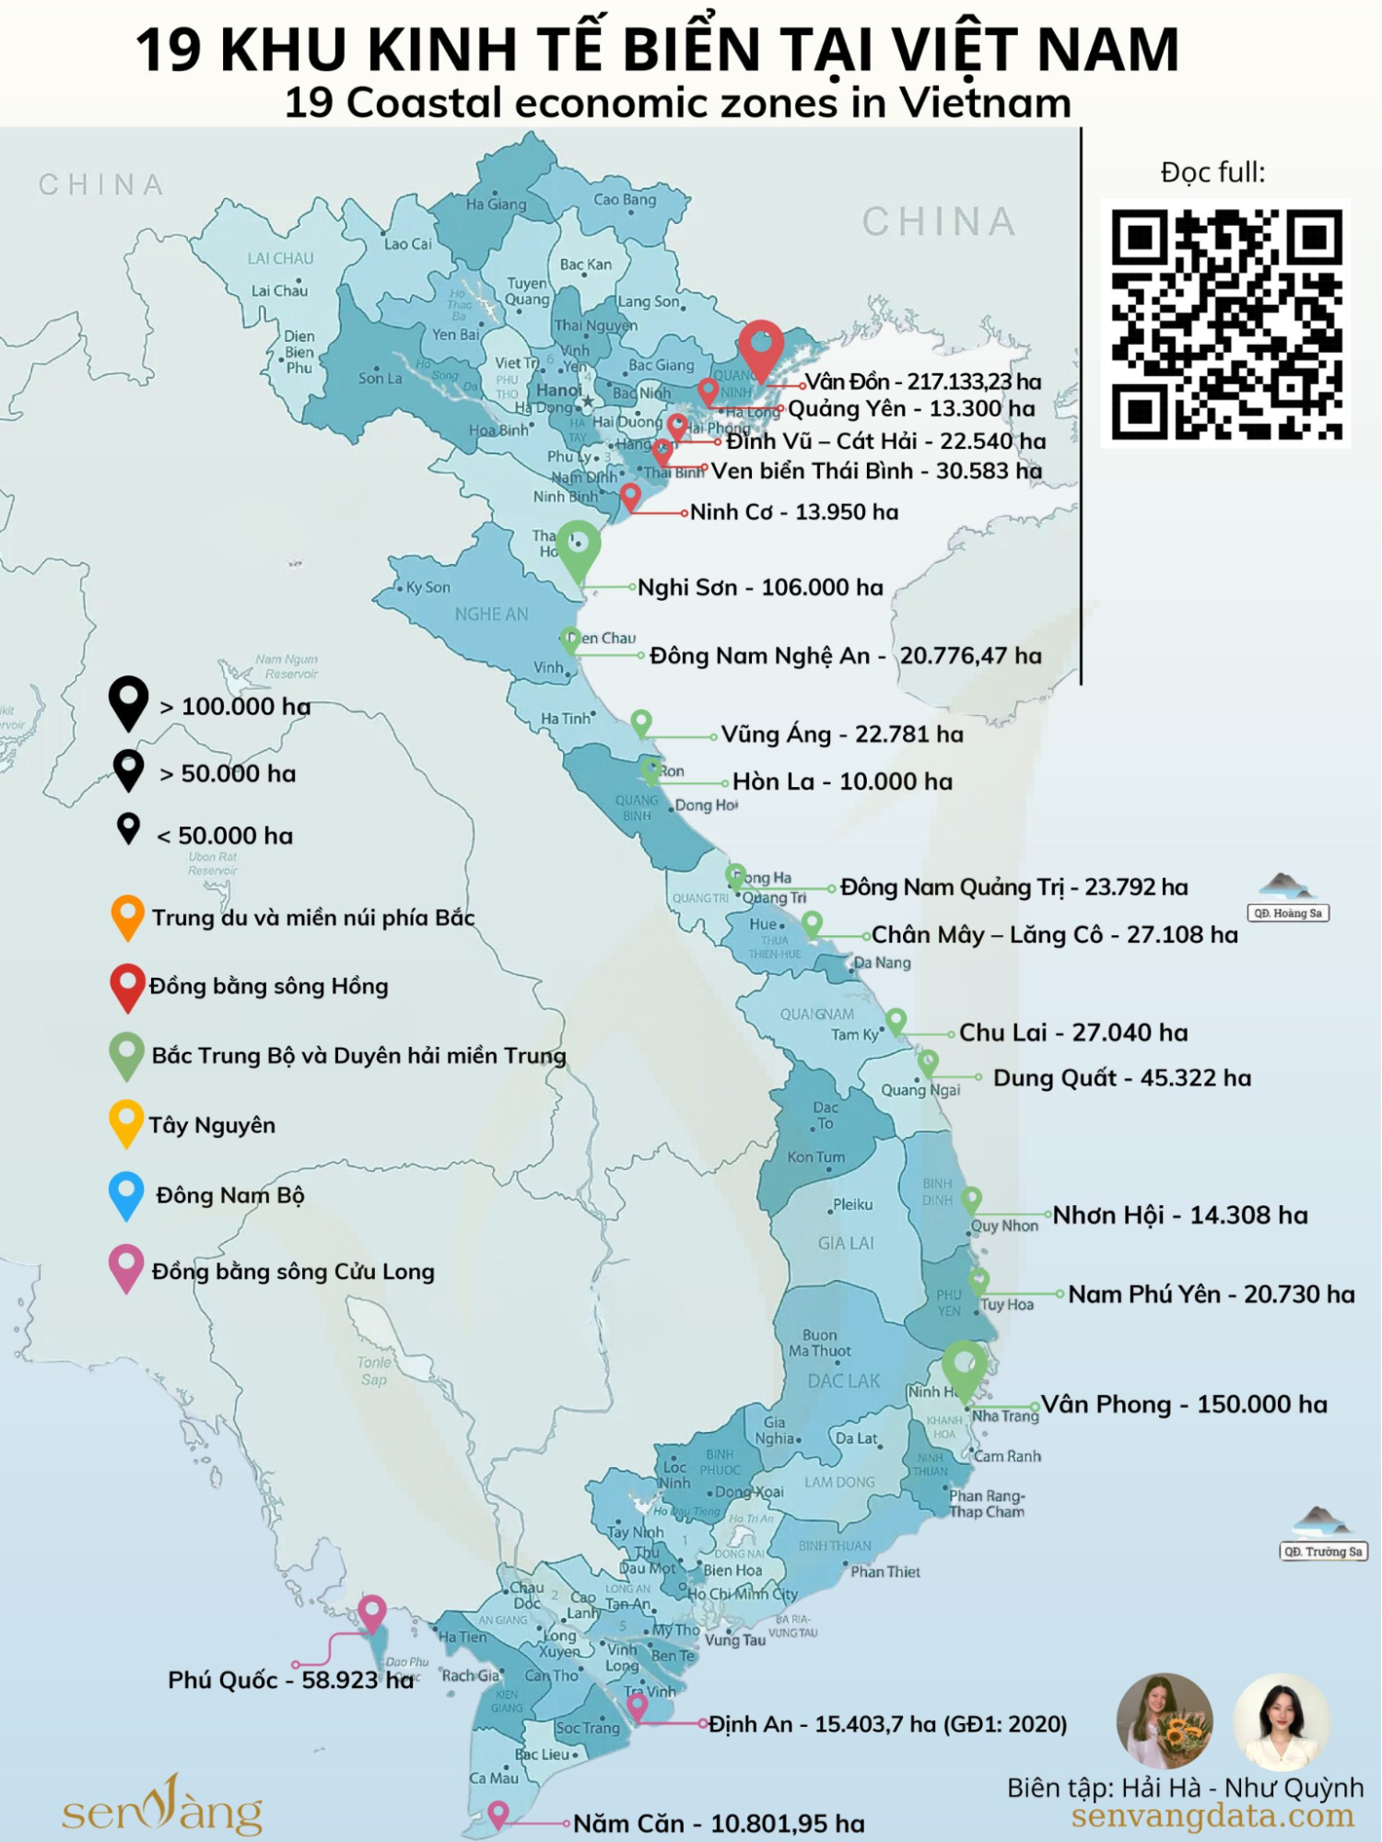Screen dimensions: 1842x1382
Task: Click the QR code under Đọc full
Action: [1225, 323]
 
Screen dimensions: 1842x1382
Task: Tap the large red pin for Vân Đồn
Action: [761, 346]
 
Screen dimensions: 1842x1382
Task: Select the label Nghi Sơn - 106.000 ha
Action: [760, 587]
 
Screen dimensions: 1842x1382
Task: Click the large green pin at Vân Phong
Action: [964, 1366]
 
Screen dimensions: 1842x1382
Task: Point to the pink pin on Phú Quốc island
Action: [371, 1612]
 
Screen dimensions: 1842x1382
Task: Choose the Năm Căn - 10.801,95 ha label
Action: [719, 1823]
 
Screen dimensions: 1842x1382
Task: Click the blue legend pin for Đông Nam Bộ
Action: [126, 1193]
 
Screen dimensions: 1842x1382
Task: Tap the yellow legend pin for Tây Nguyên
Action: [126, 1121]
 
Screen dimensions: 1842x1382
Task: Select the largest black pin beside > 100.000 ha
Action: [129, 701]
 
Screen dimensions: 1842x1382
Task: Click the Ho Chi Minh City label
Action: [743, 1593]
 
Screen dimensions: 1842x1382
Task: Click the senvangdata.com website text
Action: [1212, 1816]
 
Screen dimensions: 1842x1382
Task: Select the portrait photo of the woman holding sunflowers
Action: [1165, 1721]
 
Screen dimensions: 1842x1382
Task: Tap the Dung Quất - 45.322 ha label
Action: [1121, 1077]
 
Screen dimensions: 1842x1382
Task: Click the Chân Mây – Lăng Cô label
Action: [1054, 934]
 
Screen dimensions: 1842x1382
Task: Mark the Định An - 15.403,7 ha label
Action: [887, 1723]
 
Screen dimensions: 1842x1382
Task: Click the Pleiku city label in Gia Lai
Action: [852, 1204]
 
